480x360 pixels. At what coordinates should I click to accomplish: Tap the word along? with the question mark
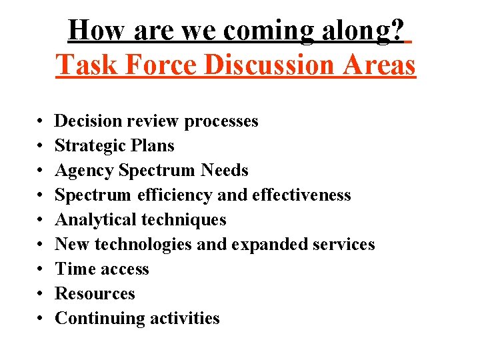[366, 31]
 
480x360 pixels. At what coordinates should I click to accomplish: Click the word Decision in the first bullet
[86, 121]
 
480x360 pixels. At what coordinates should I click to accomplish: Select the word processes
[221, 121]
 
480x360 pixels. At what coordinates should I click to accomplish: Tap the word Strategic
[87, 146]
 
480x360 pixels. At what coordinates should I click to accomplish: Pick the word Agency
[85, 171]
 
